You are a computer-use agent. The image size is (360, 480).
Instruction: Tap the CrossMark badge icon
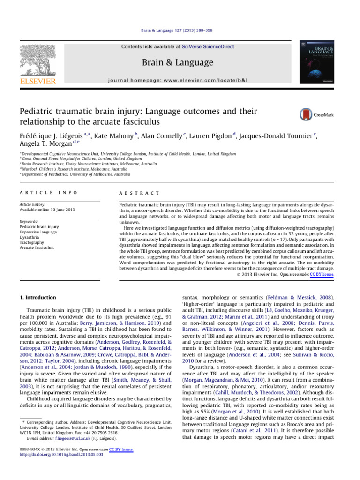(306, 114)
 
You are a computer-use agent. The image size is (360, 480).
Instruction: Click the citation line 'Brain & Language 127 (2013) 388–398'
(180, 30)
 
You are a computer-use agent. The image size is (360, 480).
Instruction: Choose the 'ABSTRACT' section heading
(139, 193)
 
